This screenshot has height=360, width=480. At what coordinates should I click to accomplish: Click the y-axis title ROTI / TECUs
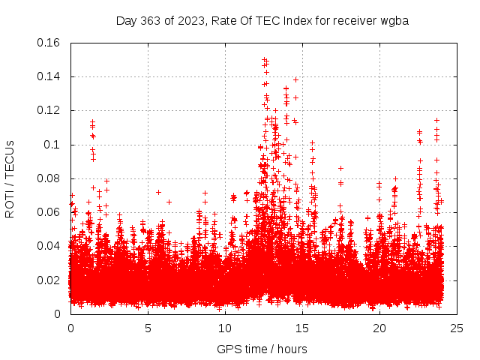point(10,178)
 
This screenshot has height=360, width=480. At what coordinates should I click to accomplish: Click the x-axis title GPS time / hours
point(262,349)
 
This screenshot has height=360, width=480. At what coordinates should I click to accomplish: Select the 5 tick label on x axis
point(148,328)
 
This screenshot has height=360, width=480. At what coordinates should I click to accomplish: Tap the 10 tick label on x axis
point(225,328)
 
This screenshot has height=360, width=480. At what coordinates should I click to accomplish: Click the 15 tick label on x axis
point(302,328)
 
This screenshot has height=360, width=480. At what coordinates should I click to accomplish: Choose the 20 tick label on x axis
point(379,328)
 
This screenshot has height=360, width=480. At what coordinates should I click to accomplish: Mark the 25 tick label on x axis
point(457,328)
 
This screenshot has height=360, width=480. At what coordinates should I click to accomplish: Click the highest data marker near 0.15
point(264,59)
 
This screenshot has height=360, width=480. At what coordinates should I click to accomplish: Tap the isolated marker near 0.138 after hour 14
point(295,79)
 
